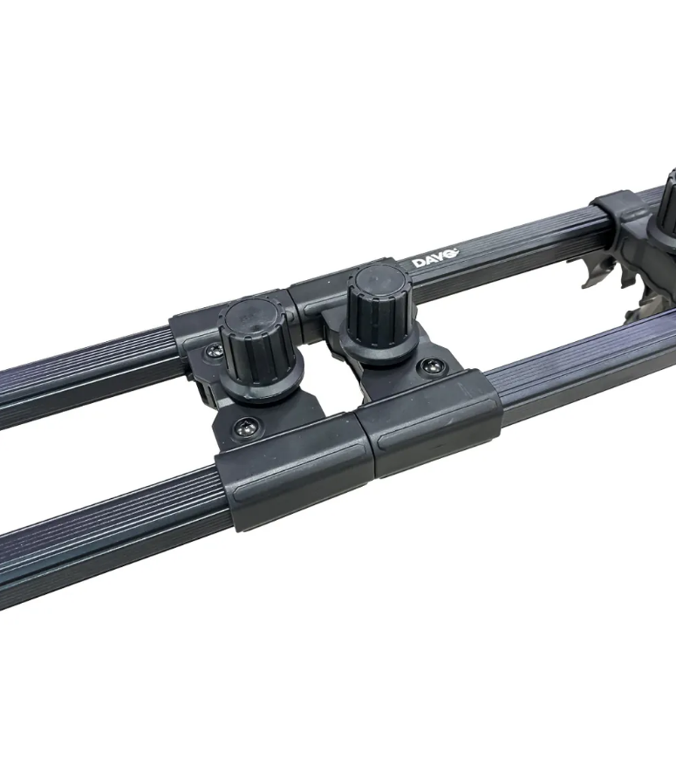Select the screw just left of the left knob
[214, 351]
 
